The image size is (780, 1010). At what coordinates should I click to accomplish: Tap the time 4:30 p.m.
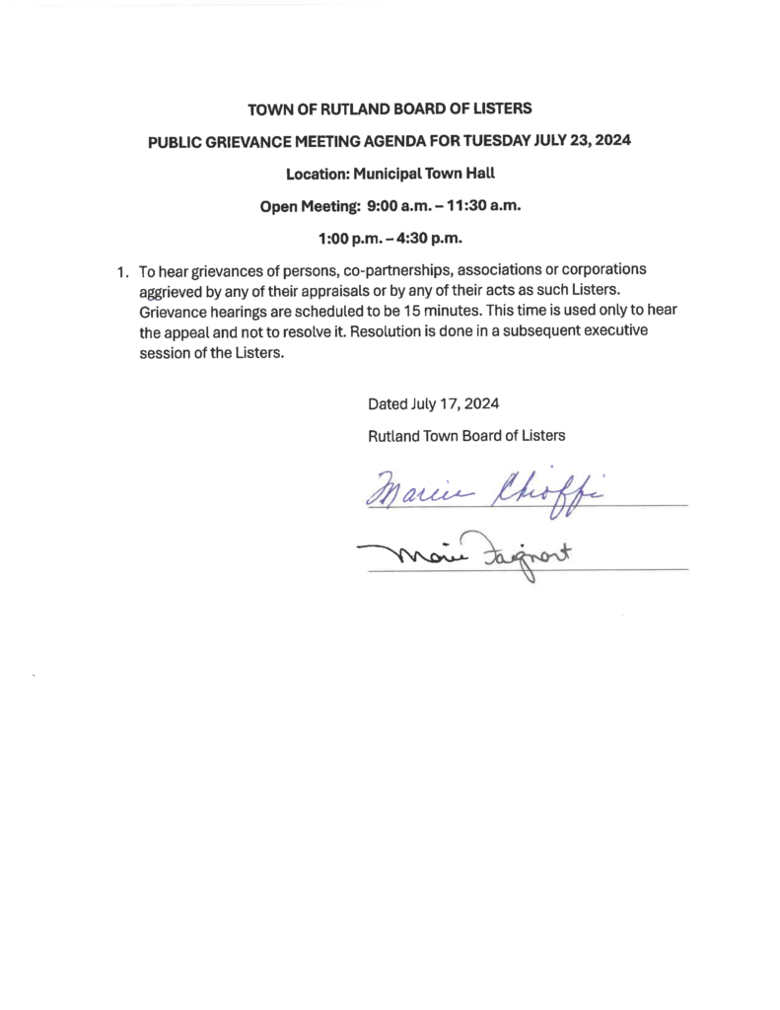tap(431, 239)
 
